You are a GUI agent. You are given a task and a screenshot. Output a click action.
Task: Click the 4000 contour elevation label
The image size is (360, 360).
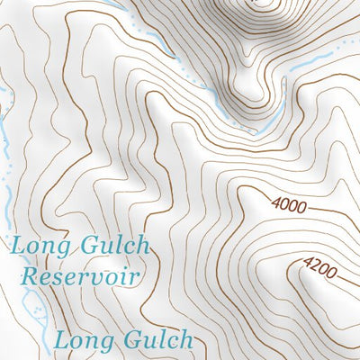pyautogui.click(x=289, y=206)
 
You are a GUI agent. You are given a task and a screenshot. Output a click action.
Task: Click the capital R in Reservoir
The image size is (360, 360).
pyautogui.click(x=30, y=275)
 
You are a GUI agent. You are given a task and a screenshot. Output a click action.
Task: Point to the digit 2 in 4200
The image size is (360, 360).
pyautogui.click(x=316, y=266)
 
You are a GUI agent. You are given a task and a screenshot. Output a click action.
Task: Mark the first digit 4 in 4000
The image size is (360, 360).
pyautogui.click(x=275, y=204)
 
